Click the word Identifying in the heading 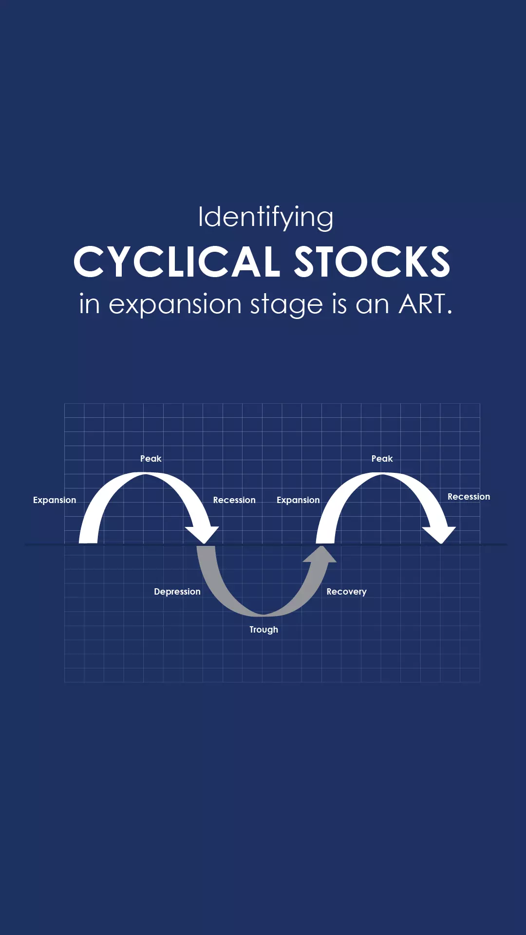265,217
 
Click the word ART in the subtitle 422,304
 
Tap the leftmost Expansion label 55,500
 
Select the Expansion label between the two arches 298,500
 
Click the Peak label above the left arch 150,459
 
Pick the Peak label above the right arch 382,459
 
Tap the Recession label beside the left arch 234,500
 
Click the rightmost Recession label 469,497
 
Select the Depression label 177,592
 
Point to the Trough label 264,630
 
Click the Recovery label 346,592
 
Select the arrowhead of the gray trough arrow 321,554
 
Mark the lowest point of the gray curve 263,615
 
